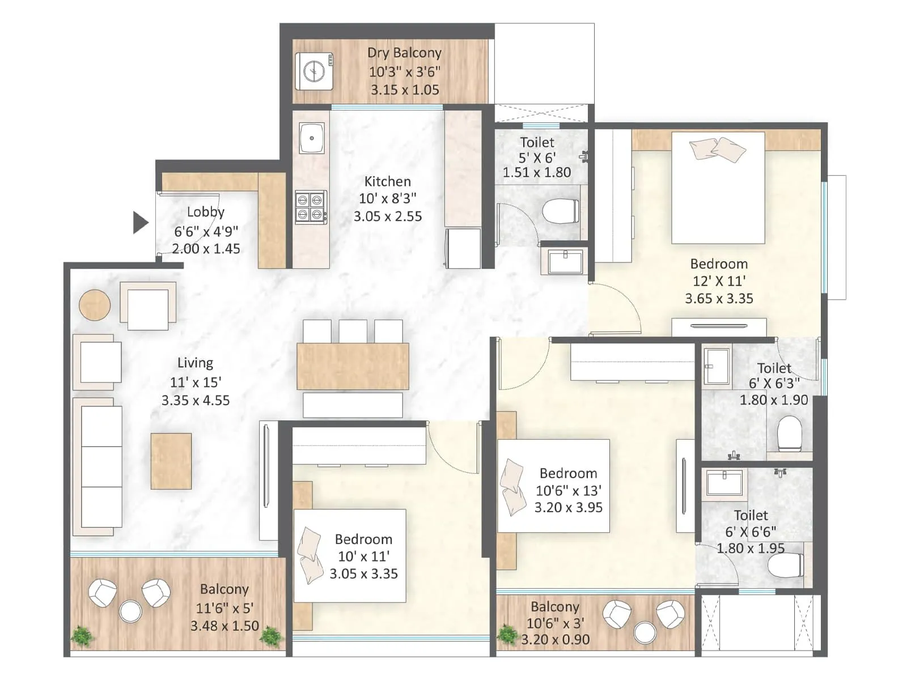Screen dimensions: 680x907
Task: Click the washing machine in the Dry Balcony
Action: pos(314,71)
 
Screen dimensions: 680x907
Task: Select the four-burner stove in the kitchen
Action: pos(310,207)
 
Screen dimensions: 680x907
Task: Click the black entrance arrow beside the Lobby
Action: pos(140,223)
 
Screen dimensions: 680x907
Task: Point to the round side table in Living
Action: pos(95,305)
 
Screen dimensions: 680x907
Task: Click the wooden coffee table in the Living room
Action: pos(171,461)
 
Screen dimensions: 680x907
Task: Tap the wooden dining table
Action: pos(353,366)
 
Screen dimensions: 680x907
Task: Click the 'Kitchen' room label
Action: pos(387,181)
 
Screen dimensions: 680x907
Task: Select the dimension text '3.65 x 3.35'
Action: pos(719,299)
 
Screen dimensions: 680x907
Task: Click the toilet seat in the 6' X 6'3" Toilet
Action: pos(789,433)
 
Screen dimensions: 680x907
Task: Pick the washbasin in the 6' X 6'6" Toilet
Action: pos(724,483)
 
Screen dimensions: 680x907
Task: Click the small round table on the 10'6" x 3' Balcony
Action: pos(645,632)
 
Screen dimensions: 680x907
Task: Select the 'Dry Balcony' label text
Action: pos(404,53)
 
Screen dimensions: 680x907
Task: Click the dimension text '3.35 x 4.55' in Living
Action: pos(196,401)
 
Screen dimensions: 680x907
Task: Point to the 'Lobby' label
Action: pos(206,212)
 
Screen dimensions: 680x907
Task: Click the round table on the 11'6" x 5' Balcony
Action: pos(130,612)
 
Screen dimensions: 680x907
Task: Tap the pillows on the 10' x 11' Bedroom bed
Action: pos(310,555)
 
